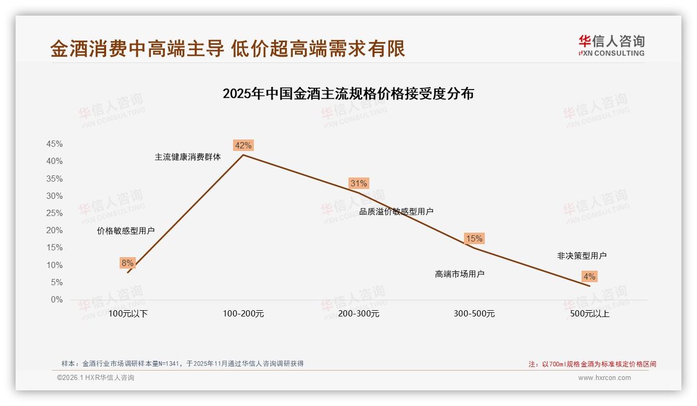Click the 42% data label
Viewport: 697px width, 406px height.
(x=243, y=145)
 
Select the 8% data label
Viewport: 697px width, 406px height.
(x=127, y=263)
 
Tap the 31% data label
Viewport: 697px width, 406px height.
(x=359, y=183)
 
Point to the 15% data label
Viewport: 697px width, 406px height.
(x=474, y=238)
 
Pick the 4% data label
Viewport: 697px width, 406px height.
(x=589, y=276)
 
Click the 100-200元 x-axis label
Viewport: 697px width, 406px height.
(x=243, y=314)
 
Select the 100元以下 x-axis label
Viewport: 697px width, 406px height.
(x=128, y=314)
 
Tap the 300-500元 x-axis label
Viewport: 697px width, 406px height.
(x=474, y=314)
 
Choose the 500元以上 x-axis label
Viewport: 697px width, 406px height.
(x=589, y=314)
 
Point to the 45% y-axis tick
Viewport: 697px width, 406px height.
(x=55, y=144)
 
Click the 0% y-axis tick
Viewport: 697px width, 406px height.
(x=57, y=300)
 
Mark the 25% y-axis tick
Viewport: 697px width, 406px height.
(x=55, y=213)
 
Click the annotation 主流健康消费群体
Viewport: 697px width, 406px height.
(x=188, y=157)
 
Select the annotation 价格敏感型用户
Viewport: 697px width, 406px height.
(x=126, y=231)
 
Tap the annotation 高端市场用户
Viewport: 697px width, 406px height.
(x=460, y=274)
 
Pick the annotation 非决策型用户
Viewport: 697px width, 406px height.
(x=582, y=256)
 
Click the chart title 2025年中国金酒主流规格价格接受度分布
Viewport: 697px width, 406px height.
(x=348, y=94)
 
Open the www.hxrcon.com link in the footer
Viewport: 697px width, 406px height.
(x=604, y=378)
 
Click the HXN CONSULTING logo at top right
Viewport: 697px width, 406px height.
(x=611, y=46)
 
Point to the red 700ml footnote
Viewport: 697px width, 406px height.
(x=592, y=364)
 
